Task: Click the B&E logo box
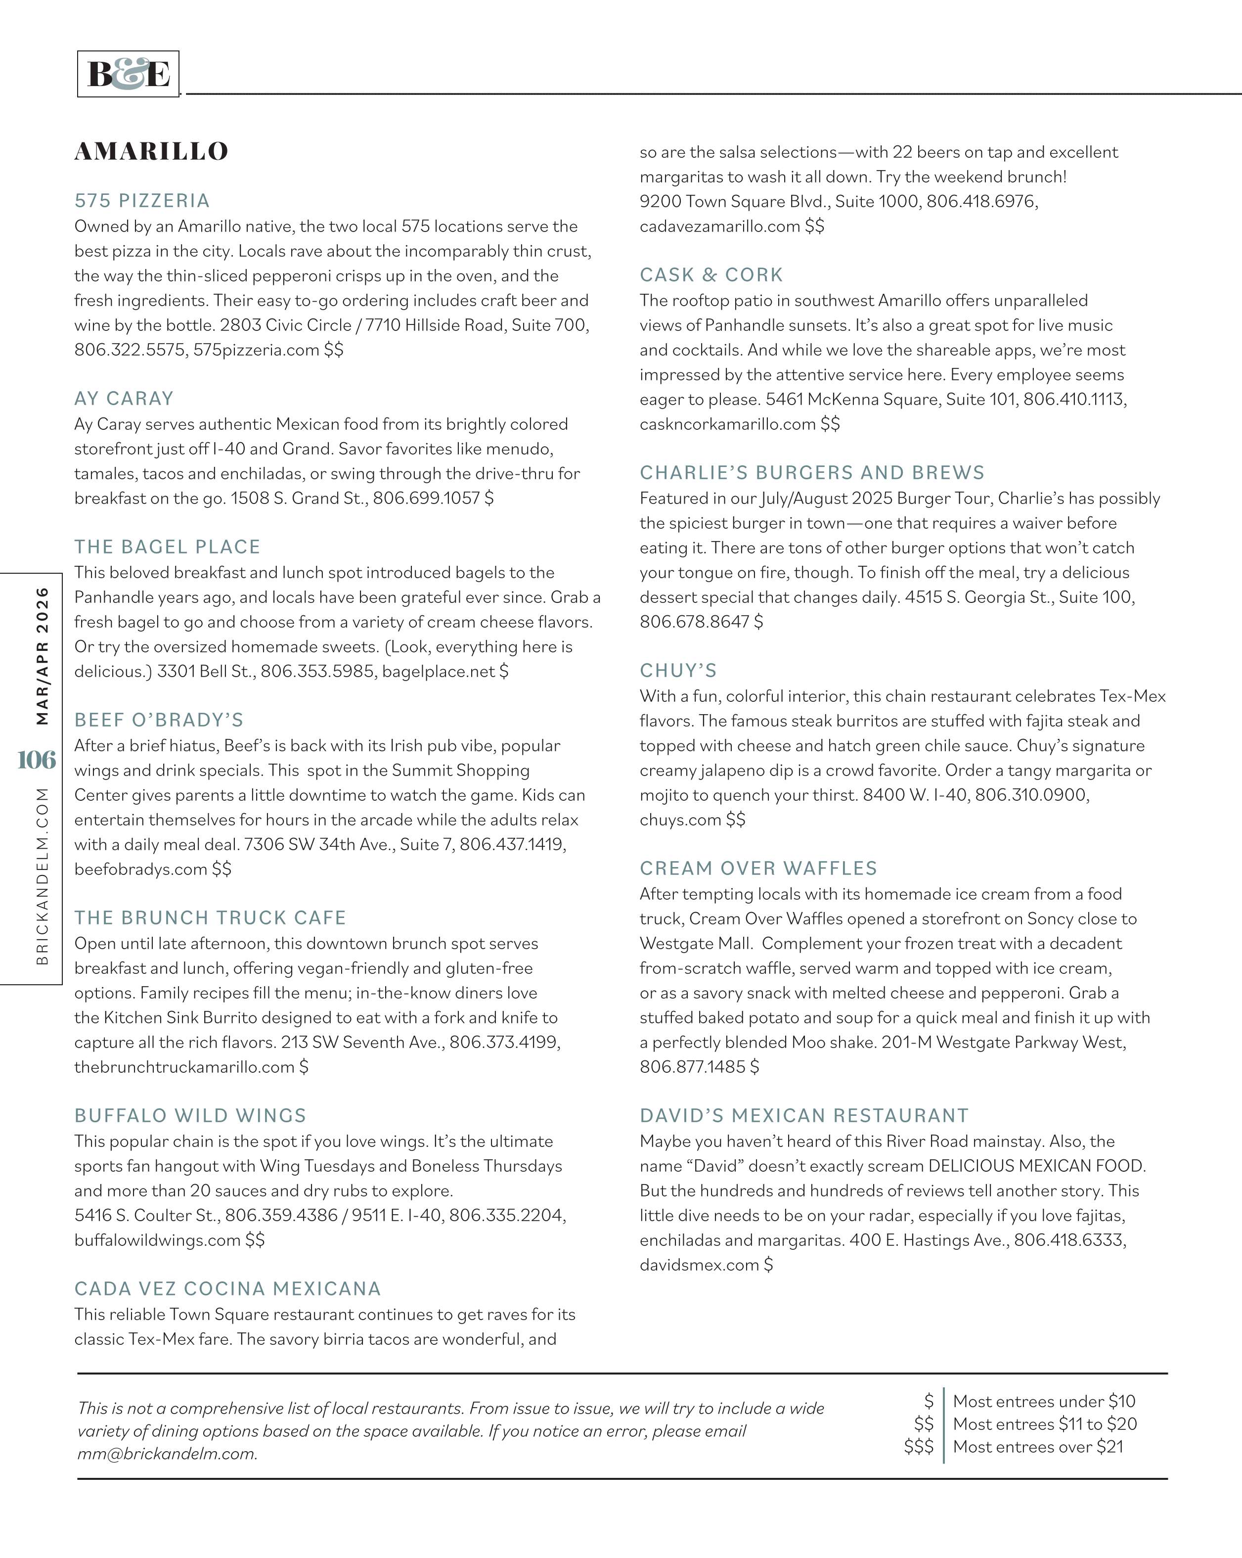128,74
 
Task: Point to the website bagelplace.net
439,671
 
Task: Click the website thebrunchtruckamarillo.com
184,1066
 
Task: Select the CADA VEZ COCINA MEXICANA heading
227,1288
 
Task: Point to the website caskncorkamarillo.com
728,424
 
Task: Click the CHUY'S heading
678,671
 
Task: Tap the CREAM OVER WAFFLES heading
758,868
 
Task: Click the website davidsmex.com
699,1265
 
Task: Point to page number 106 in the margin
36,760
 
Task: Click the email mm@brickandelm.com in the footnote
167,1454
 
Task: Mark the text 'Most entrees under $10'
1044,1401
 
